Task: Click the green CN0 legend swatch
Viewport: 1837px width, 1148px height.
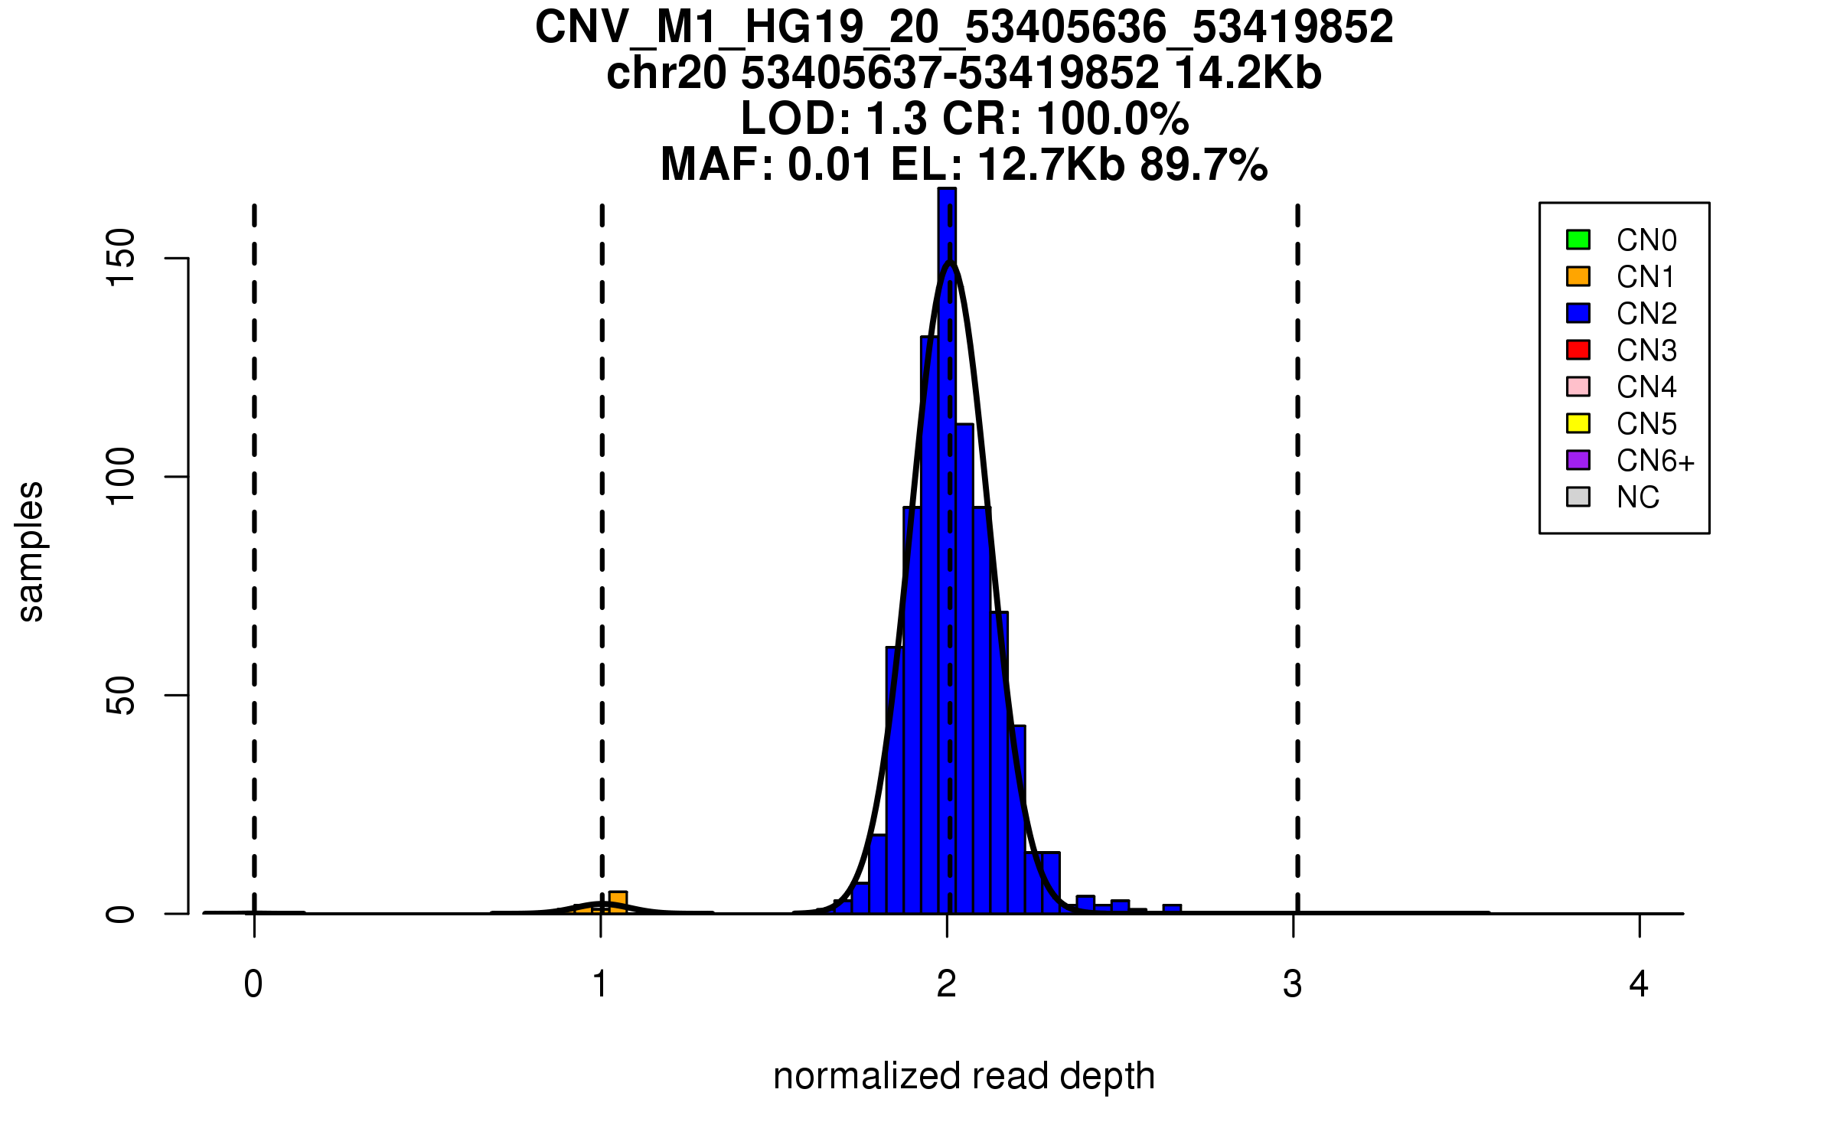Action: click(x=1578, y=240)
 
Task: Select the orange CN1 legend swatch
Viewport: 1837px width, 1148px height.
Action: click(x=1578, y=276)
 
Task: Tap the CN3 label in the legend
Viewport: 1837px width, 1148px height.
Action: click(x=1646, y=351)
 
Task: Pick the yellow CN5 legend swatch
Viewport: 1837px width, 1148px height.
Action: click(x=1578, y=423)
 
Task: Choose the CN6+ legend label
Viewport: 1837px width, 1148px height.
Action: click(x=1656, y=461)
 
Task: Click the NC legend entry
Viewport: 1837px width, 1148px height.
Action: click(x=1638, y=497)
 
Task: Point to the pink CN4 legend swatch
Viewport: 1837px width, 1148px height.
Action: click(x=1578, y=386)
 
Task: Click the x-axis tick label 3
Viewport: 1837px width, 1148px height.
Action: click(x=1293, y=984)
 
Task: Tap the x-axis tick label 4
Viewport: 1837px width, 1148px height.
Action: click(x=1639, y=984)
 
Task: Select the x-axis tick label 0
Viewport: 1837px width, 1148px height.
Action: click(x=253, y=984)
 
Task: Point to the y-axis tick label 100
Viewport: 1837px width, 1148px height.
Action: click(x=121, y=477)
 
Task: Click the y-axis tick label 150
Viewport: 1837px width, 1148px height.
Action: click(x=121, y=258)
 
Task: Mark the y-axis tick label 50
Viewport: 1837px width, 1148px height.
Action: click(x=121, y=695)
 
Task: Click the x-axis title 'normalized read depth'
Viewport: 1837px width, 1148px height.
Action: click(x=964, y=1076)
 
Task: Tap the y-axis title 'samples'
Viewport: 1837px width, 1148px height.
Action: click(x=31, y=552)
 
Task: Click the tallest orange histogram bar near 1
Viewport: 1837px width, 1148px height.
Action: click(x=618, y=902)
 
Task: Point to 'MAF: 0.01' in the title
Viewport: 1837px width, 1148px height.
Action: click(x=766, y=165)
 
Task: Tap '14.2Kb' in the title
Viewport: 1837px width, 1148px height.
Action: click(x=1248, y=73)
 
